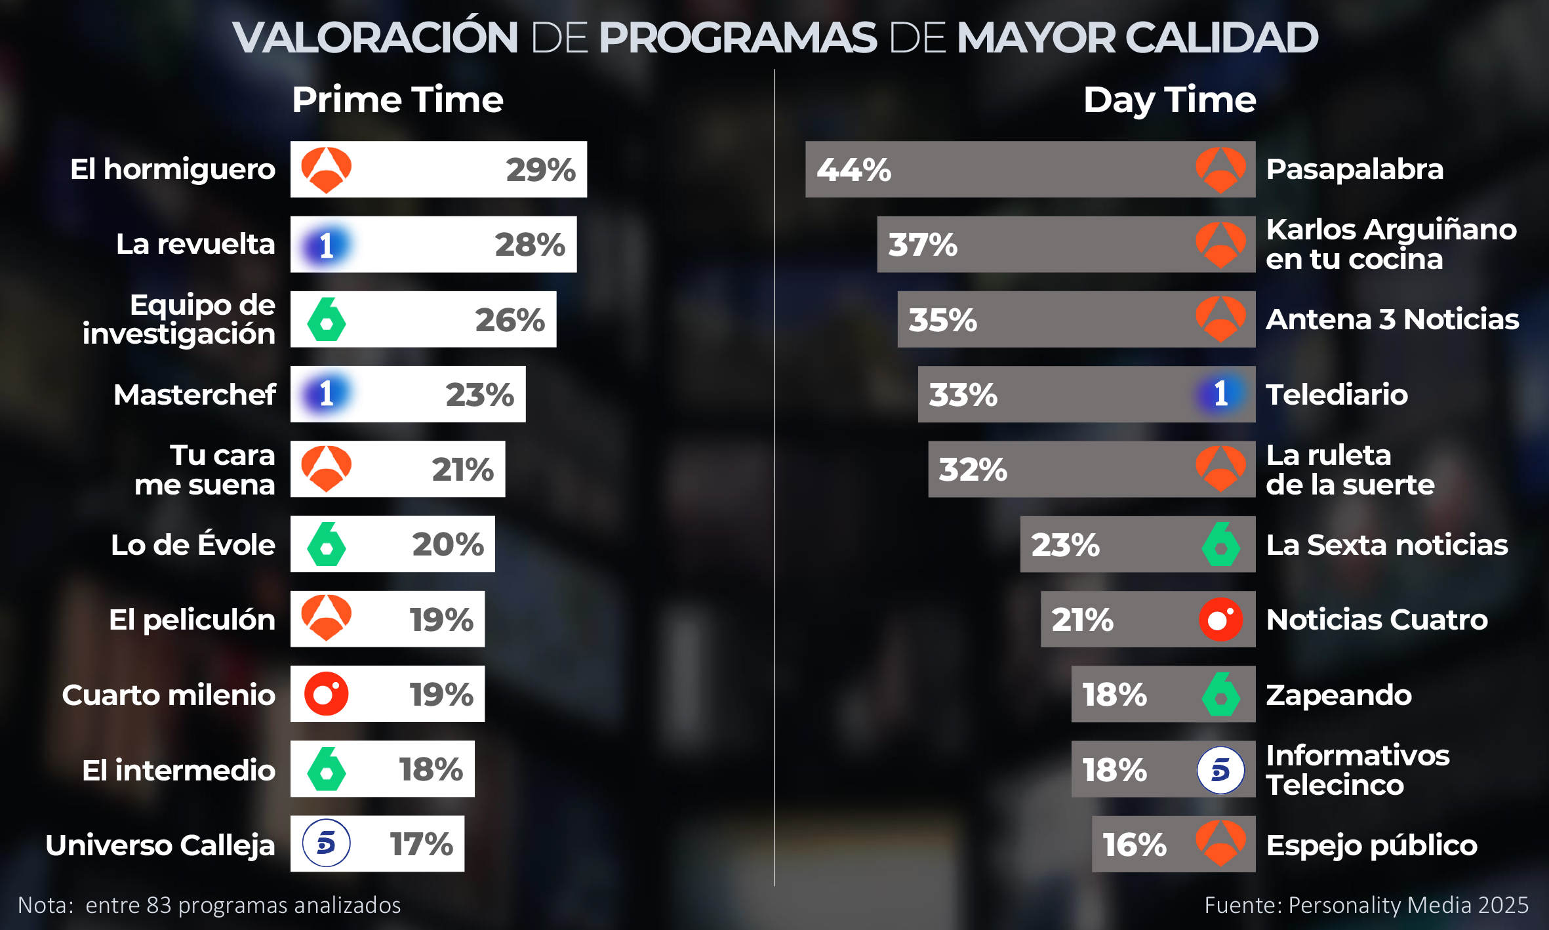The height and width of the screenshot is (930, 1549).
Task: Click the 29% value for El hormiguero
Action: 540,170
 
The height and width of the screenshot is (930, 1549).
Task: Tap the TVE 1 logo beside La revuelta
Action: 326,245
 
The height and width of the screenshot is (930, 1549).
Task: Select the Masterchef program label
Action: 195,395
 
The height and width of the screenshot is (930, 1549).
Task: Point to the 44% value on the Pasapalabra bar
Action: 853,170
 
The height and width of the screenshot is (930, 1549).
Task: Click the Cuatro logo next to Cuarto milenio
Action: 326,694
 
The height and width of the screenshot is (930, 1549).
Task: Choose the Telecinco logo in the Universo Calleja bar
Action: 326,843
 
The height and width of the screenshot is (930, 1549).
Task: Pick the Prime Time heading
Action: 397,100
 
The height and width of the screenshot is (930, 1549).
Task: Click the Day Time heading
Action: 1169,100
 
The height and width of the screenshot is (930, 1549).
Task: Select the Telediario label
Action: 1337,395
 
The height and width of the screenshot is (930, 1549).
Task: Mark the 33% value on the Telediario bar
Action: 963,395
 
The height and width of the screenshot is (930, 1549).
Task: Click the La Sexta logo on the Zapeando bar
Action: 1220,694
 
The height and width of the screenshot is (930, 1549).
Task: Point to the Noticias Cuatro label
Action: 1377,620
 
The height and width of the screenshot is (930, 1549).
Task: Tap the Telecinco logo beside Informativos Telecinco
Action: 1220,770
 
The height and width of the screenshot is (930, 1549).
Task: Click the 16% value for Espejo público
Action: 1134,845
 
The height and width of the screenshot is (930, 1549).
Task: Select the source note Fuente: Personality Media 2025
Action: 1366,905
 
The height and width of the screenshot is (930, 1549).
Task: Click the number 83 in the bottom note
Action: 159,905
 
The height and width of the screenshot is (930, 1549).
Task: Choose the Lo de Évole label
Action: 193,545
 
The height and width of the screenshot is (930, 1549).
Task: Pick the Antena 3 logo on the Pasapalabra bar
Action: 1220,170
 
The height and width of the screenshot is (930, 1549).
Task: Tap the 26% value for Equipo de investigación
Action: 510,320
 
